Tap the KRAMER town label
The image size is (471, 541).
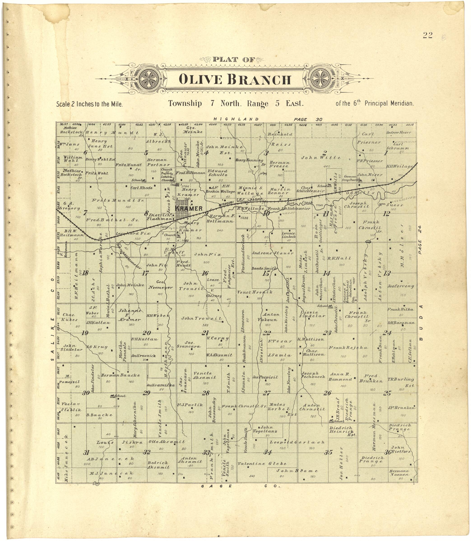tap(189, 209)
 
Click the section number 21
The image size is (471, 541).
tap(205, 333)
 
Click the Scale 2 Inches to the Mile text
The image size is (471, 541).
tap(89, 104)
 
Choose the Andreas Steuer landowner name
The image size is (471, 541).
tap(273, 253)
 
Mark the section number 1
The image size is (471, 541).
tap(385, 153)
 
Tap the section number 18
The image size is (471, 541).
tap(85, 273)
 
